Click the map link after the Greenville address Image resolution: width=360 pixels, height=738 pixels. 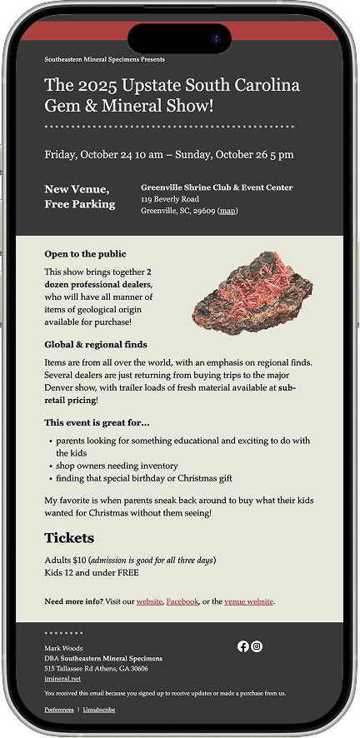(227, 211)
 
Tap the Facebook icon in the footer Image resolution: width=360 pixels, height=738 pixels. (243, 646)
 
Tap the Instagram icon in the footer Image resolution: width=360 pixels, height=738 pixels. (257, 646)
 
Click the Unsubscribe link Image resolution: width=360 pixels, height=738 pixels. (99, 710)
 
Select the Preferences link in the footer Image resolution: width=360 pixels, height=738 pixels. (59, 710)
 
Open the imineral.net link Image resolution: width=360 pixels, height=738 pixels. (62, 679)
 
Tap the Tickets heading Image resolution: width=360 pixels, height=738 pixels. (69, 538)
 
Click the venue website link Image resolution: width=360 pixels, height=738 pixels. (248, 601)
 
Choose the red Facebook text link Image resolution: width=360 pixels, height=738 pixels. (182, 601)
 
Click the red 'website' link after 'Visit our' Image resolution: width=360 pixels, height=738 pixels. (150, 601)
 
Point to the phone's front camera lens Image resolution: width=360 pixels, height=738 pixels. (217, 38)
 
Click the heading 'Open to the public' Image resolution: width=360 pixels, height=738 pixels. (85, 254)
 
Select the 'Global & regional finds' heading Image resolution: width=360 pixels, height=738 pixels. (96, 344)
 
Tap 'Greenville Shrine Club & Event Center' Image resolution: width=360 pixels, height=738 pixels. (217, 187)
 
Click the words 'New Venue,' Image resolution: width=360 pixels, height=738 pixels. (77, 189)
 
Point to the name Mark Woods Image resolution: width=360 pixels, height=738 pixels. (63, 647)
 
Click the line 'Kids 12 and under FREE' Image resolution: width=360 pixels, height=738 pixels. (92, 572)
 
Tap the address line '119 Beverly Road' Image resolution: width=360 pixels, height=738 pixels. (170, 199)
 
